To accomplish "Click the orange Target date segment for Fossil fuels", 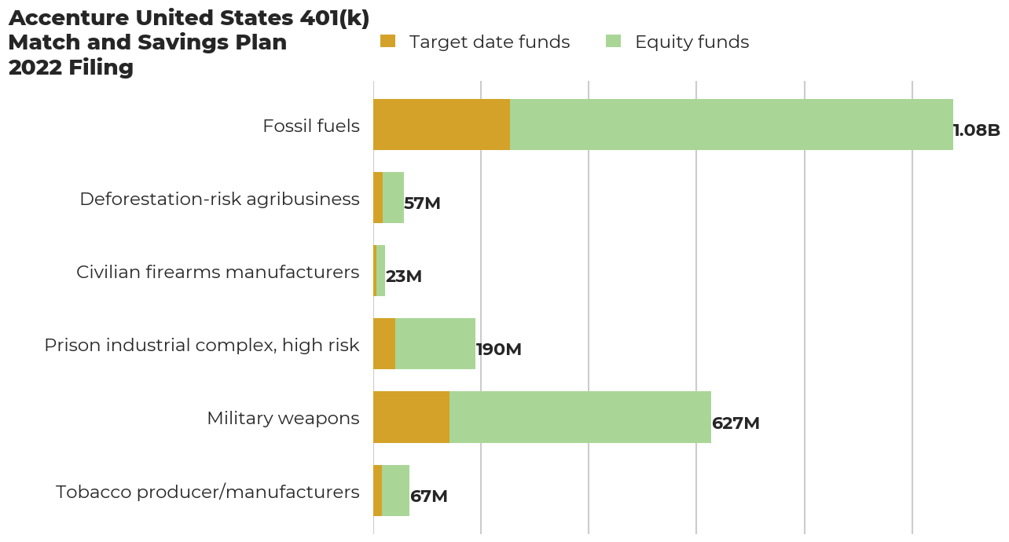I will tap(442, 124).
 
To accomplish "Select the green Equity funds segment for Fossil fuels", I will tap(731, 124).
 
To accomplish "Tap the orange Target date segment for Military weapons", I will tap(411, 417).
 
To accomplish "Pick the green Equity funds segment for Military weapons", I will tap(580, 417).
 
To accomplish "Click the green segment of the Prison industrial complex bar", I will tap(435, 344).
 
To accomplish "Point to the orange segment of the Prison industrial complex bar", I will tap(384, 344).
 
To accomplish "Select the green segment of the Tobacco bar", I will tap(395, 490).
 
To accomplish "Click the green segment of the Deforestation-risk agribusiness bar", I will tap(393, 197).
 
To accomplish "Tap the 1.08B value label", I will tap(976, 130).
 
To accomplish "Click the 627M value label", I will tap(736, 423).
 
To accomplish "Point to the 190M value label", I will tap(498, 350).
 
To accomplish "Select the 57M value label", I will tap(422, 203).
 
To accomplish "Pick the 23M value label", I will tap(403, 276).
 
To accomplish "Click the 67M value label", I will tap(428, 496).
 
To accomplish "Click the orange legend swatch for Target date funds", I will tap(387, 42).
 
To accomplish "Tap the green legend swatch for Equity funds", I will tap(613, 42).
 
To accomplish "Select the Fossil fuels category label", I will tap(310, 126).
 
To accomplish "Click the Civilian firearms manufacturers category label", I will tap(218, 272).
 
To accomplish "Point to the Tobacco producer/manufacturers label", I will tap(207, 492).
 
